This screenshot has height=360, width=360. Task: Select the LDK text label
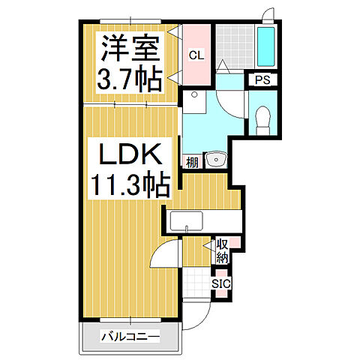(128, 155)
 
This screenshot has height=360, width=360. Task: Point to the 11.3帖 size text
(128, 184)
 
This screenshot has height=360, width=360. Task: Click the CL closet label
(195, 55)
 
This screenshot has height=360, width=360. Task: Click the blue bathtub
(266, 47)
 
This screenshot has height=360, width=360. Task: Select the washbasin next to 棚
(215, 159)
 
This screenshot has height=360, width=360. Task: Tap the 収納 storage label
(223, 251)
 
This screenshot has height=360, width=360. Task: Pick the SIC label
(220, 284)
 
